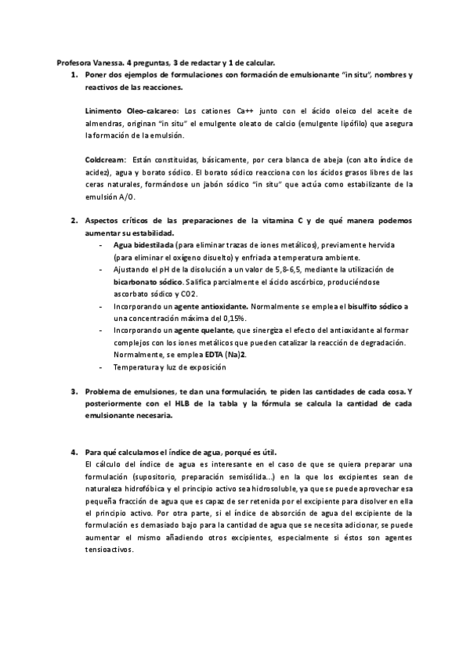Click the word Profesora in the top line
[74, 63]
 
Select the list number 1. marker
[74, 75]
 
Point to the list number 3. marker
[74, 392]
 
